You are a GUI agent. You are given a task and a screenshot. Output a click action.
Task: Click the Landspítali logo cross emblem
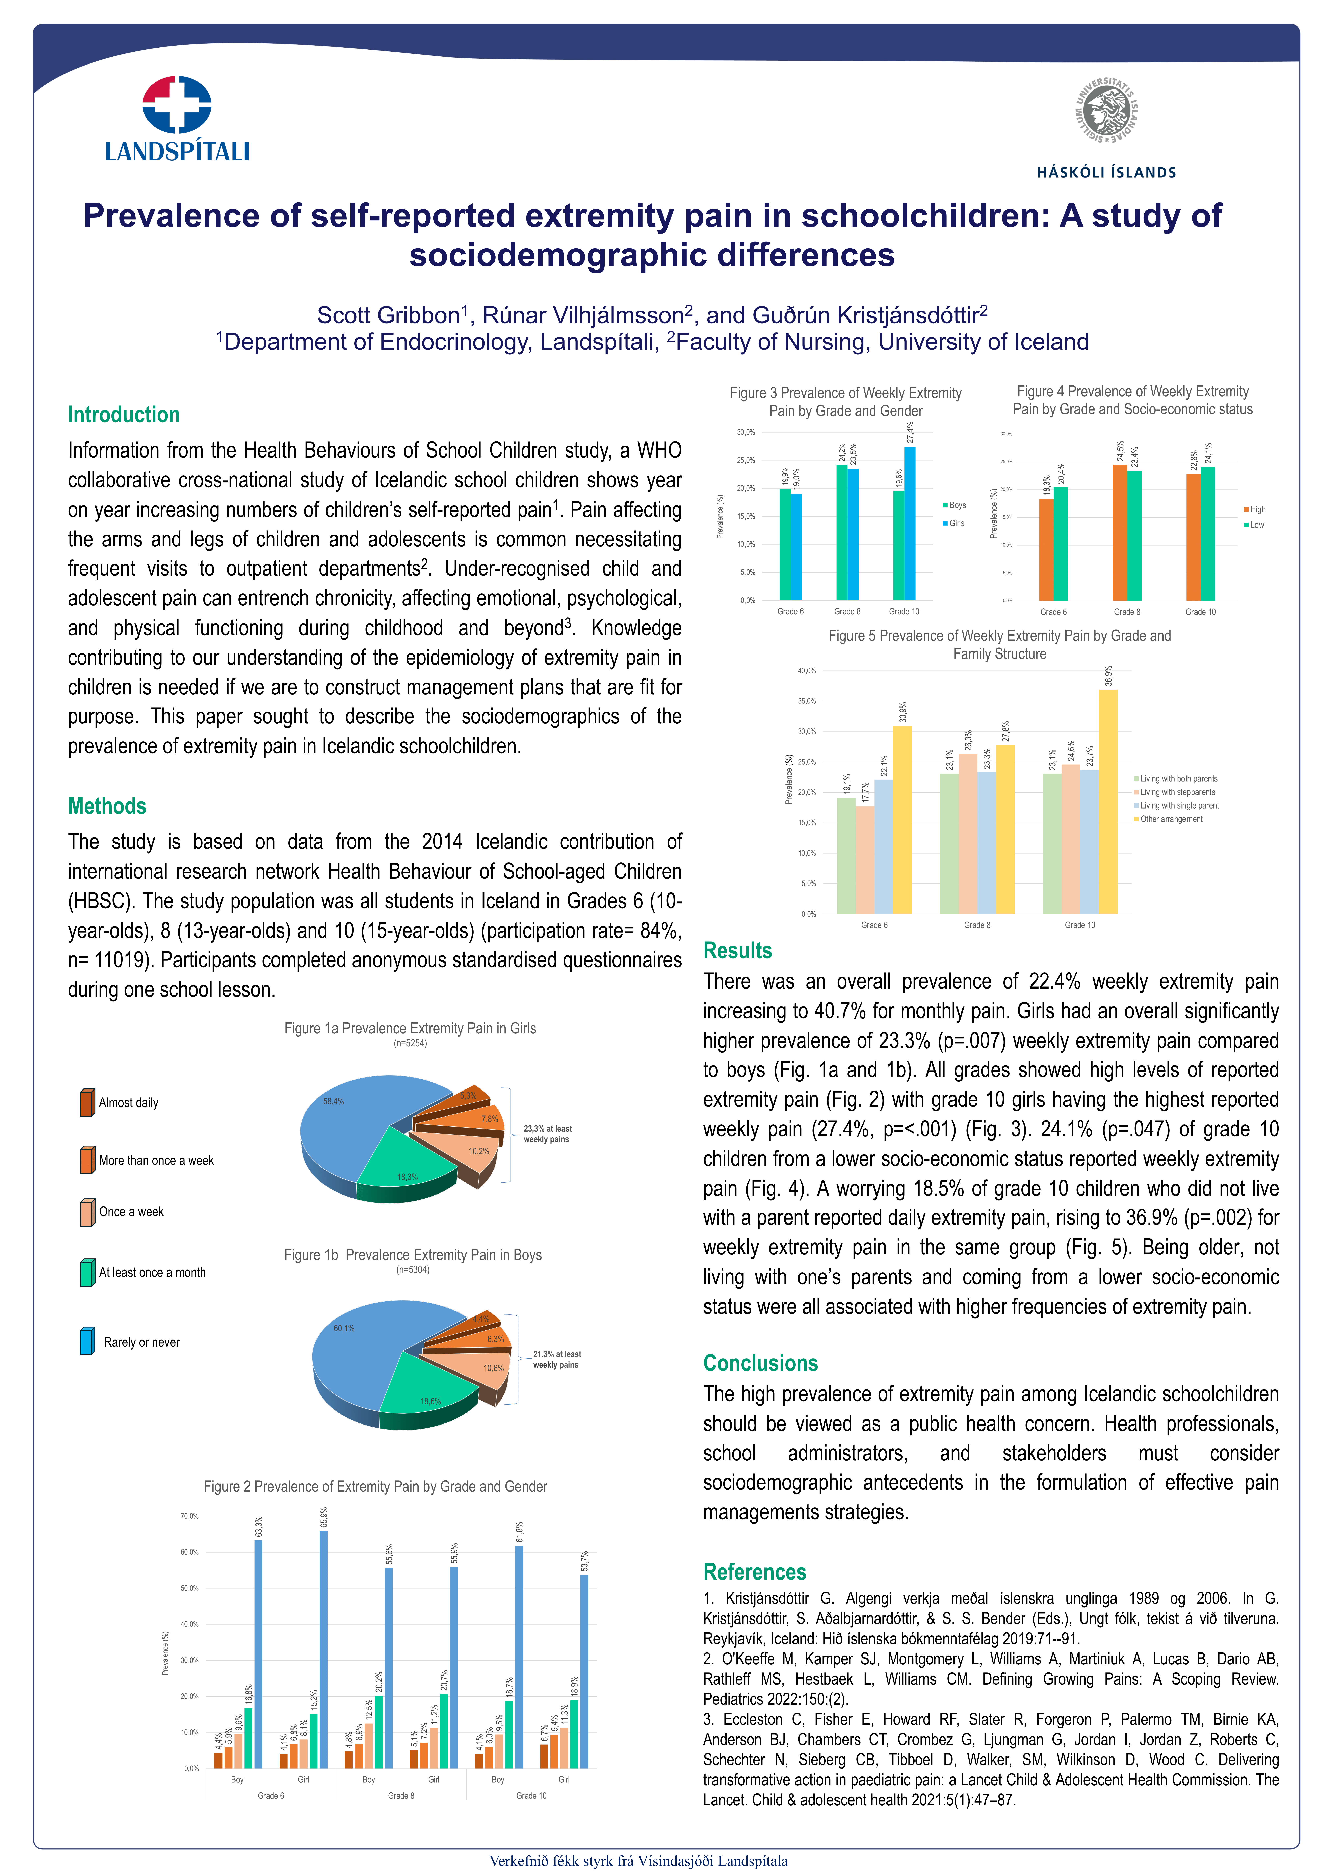177,104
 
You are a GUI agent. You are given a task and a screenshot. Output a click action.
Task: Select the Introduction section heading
123,414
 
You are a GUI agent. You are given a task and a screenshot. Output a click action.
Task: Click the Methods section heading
107,806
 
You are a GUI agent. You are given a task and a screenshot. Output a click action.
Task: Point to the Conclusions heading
760,1363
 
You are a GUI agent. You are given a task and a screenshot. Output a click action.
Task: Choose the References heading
754,1572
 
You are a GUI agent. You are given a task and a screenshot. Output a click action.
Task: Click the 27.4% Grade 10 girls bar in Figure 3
910,523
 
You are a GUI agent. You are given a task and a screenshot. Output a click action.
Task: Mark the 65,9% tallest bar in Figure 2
323,1650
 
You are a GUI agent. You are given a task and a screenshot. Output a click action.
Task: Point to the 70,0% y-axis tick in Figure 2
190,1516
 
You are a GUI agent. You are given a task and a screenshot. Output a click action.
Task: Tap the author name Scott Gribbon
388,315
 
